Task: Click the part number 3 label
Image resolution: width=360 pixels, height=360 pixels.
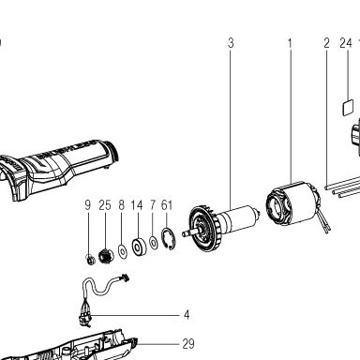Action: click(x=231, y=43)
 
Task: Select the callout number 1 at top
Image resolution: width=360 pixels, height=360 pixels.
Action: click(x=290, y=43)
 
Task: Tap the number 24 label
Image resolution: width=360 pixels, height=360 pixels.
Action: click(x=346, y=43)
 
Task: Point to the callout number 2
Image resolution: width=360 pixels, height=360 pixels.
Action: click(x=326, y=43)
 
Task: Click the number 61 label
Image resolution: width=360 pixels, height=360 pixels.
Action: click(x=167, y=205)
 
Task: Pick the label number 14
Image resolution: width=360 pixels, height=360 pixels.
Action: click(x=137, y=205)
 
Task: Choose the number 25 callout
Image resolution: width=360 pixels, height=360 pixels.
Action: click(x=105, y=205)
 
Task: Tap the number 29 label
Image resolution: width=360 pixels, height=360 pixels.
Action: click(x=188, y=344)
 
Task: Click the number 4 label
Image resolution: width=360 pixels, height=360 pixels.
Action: click(x=187, y=315)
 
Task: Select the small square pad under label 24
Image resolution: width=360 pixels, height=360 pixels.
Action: click(x=348, y=108)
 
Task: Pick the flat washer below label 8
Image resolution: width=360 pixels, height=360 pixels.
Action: click(x=123, y=251)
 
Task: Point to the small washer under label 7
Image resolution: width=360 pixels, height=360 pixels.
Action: click(x=154, y=243)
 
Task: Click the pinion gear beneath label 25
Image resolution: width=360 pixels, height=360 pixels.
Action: click(x=106, y=256)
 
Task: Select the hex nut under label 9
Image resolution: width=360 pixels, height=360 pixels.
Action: click(x=90, y=259)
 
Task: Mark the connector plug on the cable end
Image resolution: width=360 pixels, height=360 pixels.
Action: click(x=125, y=277)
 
